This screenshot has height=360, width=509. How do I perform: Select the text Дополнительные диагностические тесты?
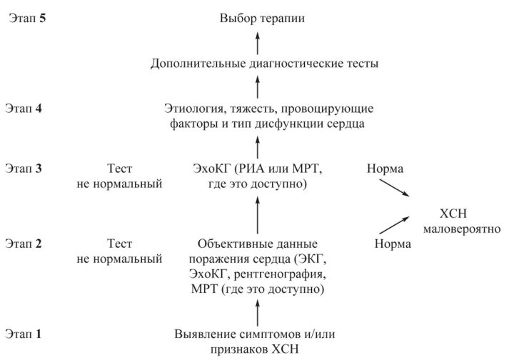[265, 64]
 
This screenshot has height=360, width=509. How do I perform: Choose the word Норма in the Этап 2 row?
[393, 244]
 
